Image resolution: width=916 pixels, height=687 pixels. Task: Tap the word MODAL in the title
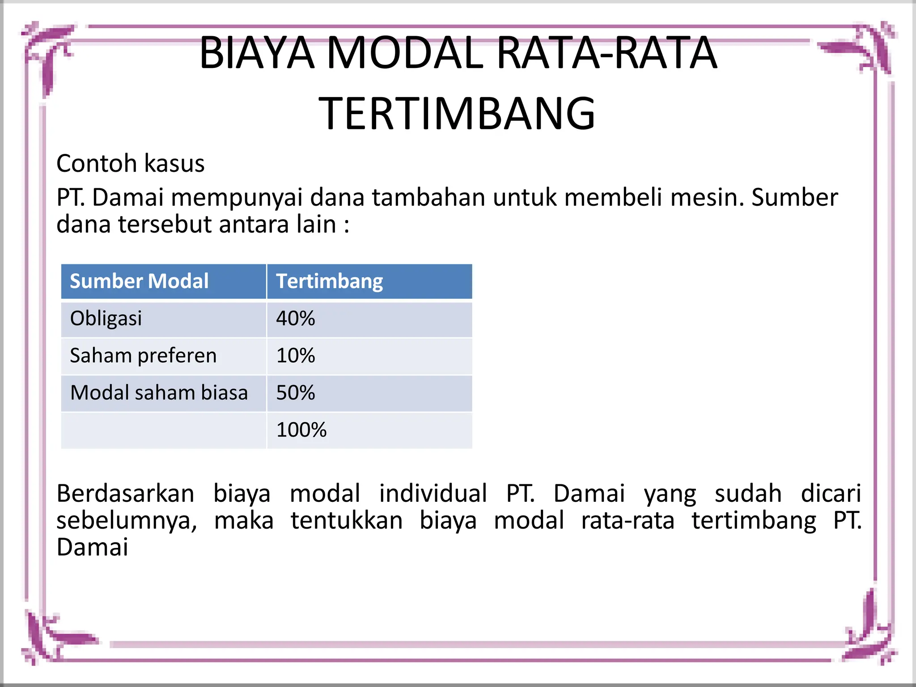405,53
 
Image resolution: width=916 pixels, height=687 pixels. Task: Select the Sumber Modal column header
139,281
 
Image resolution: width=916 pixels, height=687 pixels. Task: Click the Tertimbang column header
329,281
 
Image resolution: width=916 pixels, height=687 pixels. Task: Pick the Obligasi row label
106,318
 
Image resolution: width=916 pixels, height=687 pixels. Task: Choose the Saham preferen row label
143,356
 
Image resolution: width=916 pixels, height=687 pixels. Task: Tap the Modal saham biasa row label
159,393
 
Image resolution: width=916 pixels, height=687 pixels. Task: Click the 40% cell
296,318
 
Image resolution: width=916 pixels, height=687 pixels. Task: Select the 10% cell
296,356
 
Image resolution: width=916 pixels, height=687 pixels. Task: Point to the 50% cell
296,393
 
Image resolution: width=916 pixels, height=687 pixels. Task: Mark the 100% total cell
301,430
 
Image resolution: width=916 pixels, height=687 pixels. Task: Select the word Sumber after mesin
794,197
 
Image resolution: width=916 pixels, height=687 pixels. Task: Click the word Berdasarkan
125,494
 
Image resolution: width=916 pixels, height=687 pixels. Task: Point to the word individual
433,494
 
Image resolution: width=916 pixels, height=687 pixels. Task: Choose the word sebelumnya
127,521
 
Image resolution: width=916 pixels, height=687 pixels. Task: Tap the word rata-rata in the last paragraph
628,521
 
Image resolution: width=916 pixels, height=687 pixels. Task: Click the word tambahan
428,197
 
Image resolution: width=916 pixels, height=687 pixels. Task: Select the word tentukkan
347,521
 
